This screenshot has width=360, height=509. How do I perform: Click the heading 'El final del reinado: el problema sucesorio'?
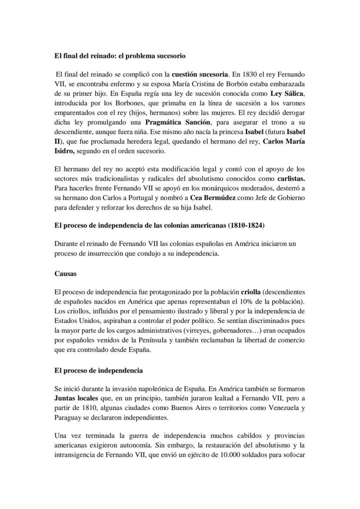120,56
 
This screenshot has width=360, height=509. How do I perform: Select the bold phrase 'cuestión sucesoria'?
197,74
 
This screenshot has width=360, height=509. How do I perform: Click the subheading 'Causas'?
65,274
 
